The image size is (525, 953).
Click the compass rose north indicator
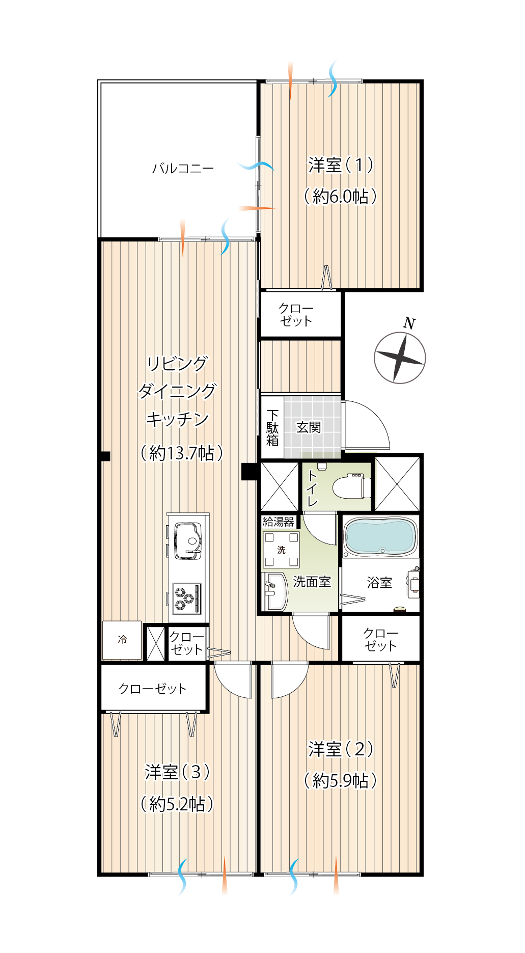coord(400,358)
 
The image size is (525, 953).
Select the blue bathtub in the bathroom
coord(380,536)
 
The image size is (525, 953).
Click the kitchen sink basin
coord(188,540)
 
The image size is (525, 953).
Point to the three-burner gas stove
coord(186,597)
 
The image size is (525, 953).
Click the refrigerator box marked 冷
coord(122,640)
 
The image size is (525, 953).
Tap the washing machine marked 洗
coord(281,550)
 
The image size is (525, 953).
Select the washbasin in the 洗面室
coord(275,591)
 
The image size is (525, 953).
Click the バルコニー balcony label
coord(183,168)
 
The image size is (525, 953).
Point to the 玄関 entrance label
coord(309,427)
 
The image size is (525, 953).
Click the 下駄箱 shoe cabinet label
coord(272,428)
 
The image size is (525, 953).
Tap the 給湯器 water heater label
coord(279,522)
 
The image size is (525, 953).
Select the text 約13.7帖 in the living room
coord(182,452)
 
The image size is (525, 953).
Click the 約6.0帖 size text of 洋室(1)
coord(340,196)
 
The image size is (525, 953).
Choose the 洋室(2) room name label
coord(341,749)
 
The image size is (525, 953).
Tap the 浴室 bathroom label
coord(379,582)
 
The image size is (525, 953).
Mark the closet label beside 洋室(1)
coord(296,315)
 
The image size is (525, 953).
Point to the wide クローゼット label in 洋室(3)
coord(152,689)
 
